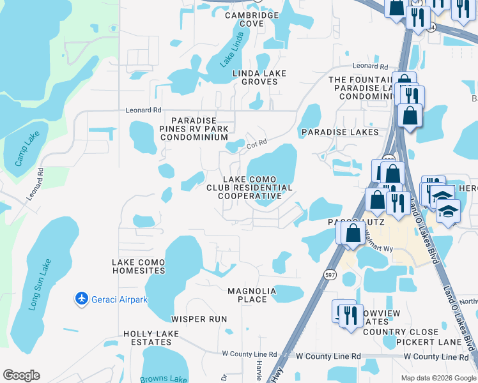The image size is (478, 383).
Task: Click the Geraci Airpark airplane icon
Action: (81, 298)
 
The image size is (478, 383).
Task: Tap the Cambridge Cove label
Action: (252, 19)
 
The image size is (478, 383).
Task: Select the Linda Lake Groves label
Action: (259, 78)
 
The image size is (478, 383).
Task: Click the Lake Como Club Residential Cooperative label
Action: (249, 188)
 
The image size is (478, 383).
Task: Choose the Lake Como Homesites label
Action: (139, 266)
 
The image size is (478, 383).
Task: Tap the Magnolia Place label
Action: (252, 295)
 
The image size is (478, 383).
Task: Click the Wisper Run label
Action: (199, 319)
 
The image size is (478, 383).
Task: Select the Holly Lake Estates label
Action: (151, 338)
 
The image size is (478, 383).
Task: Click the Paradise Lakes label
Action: (340, 132)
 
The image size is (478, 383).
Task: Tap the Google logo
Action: (21, 375)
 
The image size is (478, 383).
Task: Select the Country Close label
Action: (401, 332)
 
